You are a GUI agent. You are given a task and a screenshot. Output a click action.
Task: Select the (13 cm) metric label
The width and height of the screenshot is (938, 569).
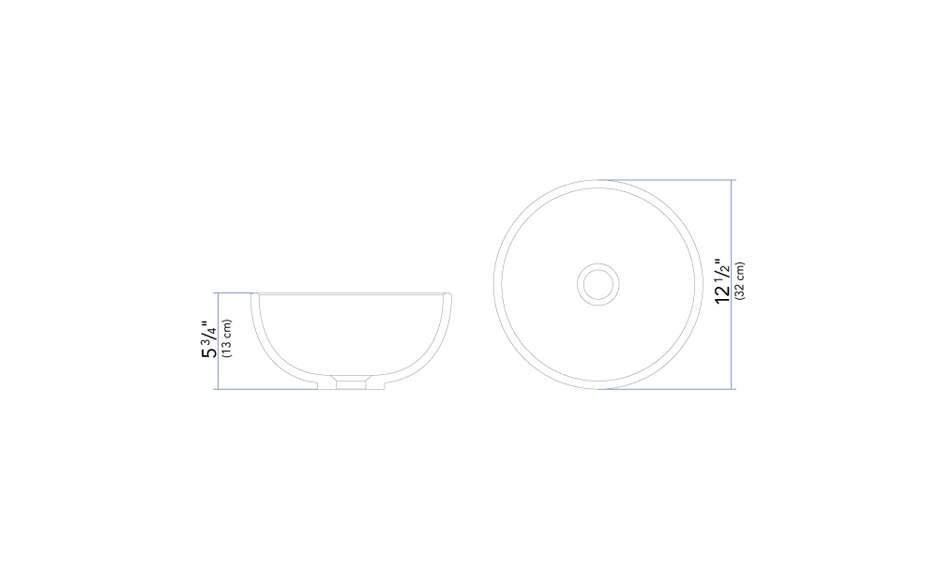[227, 338]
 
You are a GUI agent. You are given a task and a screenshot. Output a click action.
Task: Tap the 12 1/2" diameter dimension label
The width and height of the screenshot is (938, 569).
[722, 281]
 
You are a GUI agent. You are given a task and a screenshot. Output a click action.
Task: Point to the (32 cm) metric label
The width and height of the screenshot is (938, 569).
[740, 281]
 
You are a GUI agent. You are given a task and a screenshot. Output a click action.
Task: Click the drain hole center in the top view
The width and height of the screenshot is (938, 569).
[598, 284]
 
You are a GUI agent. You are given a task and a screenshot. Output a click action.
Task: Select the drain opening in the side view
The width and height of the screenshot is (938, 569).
[351, 382]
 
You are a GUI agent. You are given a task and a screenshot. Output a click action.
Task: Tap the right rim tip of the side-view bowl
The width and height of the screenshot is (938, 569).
[447, 294]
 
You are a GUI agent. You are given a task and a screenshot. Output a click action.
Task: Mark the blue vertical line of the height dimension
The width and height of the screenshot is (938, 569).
[219, 340]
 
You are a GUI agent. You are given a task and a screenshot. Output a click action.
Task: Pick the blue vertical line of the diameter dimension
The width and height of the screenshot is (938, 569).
[731, 285]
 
